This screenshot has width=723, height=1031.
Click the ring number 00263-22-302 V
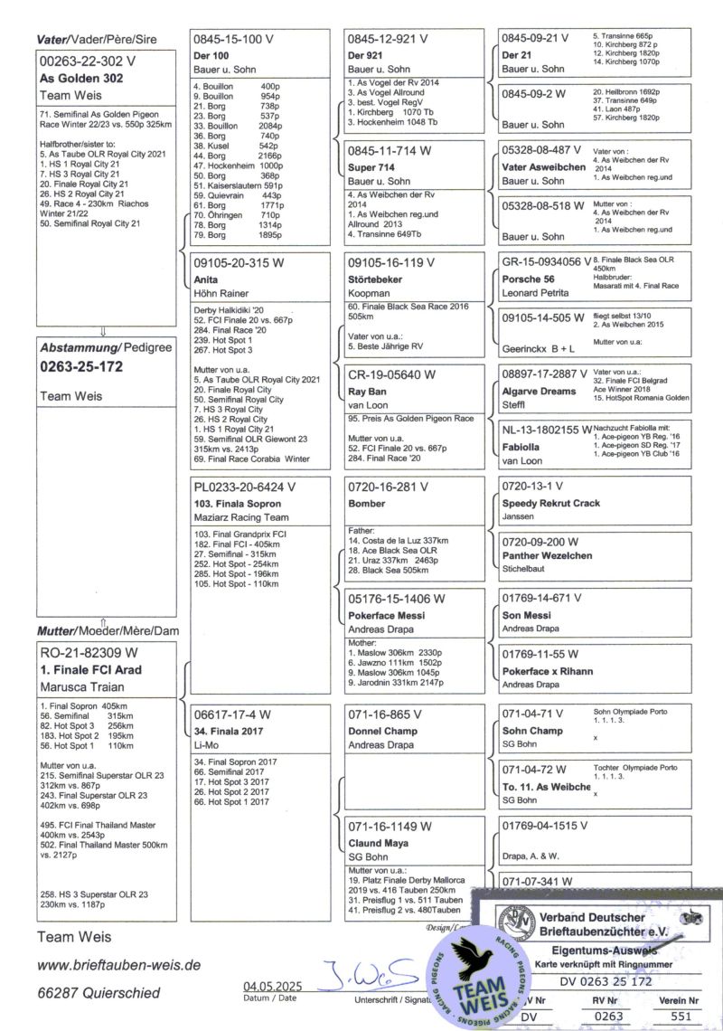(x=88, y=61)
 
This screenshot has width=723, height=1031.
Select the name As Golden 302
(x=81, y=79)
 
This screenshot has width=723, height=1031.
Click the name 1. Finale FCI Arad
(x=90, y=670)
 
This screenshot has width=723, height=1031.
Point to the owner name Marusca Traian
(x=82, y=687)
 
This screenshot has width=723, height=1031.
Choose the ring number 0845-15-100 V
(x=233, y=40)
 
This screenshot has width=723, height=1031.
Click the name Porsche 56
(x=529, y=279)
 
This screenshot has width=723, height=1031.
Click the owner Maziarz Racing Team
(x=241, y=517)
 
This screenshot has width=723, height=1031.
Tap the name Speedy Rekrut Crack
(x=550, y=503)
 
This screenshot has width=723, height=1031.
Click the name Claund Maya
(x=379, y=843)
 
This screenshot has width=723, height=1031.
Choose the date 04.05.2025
(x=273, y=987)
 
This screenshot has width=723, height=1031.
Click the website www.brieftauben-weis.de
(x=118, y=965)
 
